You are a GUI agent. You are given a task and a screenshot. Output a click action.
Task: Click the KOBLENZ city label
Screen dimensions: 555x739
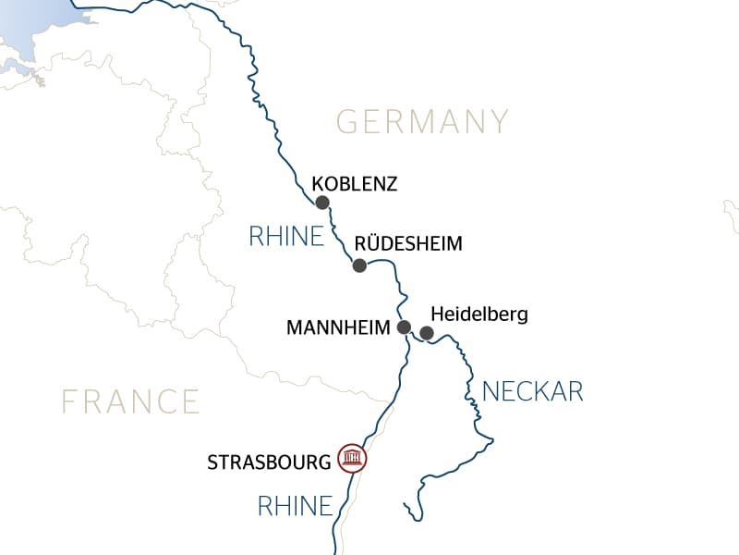coord(355,184)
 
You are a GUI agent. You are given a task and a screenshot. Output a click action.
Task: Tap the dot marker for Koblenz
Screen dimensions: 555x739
coord(322,203)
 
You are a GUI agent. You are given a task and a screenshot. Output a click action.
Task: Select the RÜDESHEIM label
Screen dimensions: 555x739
coord(407,245)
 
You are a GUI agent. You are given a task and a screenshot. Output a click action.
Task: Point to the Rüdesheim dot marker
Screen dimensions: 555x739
coord(359,265)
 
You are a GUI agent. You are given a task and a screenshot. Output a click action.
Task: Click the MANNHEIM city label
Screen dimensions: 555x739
coord(339,327)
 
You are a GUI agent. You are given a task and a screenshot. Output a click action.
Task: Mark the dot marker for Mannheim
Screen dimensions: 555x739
coord(404,327)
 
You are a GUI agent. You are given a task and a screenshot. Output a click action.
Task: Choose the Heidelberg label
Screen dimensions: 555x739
coord(479,314)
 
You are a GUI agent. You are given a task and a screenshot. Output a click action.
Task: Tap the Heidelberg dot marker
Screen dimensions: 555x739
coord(427,332)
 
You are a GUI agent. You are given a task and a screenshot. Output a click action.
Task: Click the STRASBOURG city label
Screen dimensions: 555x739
coord(269,460)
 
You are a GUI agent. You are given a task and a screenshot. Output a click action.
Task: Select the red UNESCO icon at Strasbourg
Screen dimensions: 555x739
coord(352,458)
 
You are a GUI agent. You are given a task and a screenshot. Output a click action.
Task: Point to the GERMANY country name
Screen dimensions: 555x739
coord(422,122)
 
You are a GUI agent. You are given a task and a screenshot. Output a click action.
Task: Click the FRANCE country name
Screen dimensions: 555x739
coord(130,401)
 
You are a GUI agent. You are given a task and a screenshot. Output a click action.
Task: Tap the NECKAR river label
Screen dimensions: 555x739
coord(533,391)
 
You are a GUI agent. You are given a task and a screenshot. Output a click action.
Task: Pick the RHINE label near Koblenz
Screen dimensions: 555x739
coord(286,237)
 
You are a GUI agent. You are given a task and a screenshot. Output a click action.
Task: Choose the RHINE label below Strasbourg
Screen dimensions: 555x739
coord(294,506)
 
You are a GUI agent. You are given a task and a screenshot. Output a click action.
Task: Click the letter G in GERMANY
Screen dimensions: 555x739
coord(347,122)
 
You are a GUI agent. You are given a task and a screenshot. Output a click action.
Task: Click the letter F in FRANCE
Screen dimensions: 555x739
coord(69,401)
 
